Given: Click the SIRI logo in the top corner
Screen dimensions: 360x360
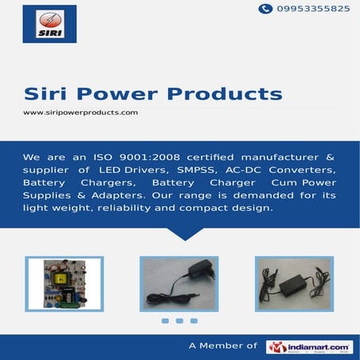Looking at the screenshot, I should pos(49,24).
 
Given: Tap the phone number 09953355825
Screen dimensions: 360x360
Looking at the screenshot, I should pos(312,9).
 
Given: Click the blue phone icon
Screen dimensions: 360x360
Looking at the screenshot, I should pos(265,9).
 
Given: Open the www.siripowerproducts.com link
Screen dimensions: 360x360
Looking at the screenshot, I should pos(80,113).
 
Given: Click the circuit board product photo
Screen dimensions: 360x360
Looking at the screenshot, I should pos(64,284).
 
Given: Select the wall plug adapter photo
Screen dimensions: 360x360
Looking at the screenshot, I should pos(179,284).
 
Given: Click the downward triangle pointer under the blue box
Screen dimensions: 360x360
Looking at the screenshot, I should pos(184,233).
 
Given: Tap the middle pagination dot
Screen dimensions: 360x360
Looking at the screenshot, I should pos(179,321).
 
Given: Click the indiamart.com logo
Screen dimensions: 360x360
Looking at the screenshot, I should pos(309,346).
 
